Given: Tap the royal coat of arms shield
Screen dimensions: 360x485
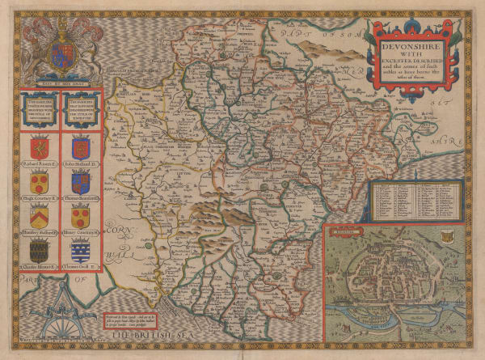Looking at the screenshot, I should tap(57, 53).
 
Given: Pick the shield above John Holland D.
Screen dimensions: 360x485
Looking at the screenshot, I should tap(80, 148).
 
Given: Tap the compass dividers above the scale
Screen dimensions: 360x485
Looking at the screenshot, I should tap(57, 295).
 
